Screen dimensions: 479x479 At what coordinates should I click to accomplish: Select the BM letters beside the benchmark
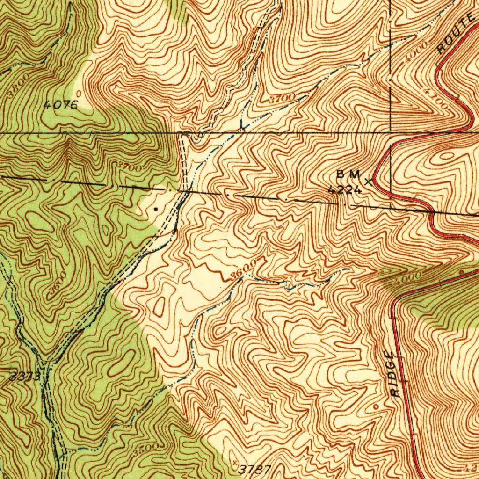pos(348,174)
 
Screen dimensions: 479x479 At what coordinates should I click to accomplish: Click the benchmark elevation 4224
pos(345,189)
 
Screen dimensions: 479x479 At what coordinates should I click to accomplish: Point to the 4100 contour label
pos(439,101)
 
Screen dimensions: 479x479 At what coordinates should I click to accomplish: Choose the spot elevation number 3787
pos(255,469)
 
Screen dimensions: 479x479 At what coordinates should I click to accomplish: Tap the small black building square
pos(156,210)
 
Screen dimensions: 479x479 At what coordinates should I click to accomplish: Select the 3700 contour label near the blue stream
pos(282,98)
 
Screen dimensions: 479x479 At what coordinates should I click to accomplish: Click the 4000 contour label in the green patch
pos(408,277)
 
